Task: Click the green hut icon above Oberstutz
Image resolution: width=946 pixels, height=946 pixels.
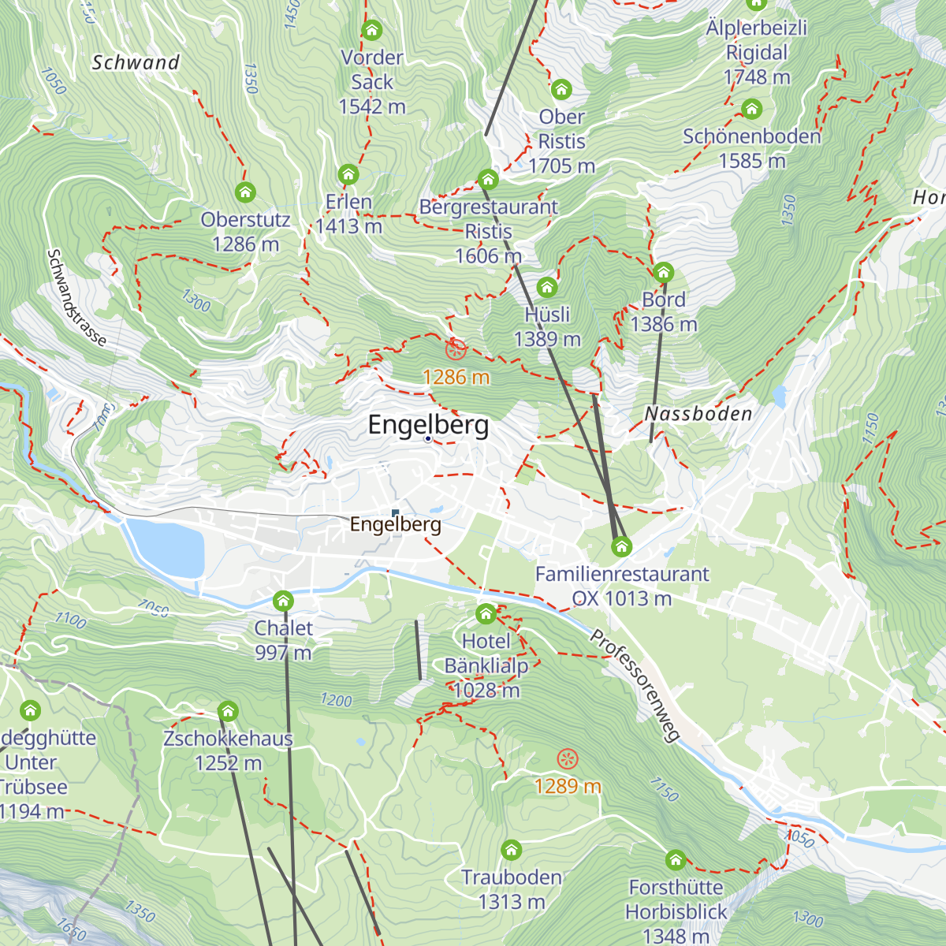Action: point(245,192)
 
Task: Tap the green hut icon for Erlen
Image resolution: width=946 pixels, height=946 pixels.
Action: point(348,174)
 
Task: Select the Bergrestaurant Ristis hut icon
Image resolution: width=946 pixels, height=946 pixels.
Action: point(488,179)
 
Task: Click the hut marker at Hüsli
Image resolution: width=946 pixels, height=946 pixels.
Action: point(546,287)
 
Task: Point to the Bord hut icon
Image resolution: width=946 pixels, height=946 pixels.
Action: point(663,273)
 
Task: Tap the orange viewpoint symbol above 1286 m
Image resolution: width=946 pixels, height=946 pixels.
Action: point(455,349)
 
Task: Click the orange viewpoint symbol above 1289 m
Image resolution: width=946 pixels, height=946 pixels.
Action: point(567,759)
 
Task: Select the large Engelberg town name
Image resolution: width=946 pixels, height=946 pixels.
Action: point(428,425)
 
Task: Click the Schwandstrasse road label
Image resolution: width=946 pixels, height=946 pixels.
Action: point(76,298)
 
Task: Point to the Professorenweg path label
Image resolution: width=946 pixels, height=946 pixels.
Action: point(635,686)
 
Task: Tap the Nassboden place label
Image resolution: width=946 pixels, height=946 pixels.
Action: point(698,414)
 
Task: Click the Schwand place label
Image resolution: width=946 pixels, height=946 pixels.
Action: point(136,62)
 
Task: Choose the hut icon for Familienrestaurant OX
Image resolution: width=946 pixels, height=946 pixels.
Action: point(622,546)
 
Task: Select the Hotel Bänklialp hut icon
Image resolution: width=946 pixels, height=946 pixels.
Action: point(486,613)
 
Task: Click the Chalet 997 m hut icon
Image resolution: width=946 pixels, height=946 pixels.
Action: point(283,601)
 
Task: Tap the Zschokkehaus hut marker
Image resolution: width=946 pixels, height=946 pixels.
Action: point(228,711)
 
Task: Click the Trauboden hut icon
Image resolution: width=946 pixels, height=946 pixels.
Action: point(512,850)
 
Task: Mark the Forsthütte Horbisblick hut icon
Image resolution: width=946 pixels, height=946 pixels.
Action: point(676,859)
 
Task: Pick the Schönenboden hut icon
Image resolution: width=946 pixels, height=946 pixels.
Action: point(752,109)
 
